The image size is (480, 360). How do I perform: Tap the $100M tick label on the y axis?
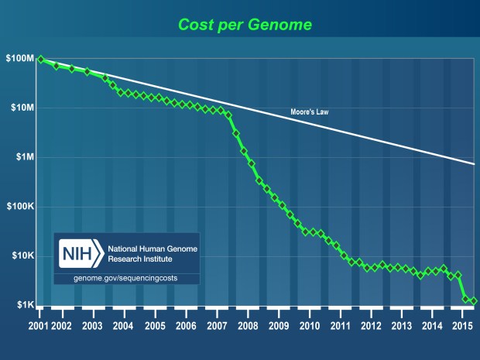click(x=18, y=59)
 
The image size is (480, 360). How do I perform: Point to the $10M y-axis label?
click(x=19, y=108)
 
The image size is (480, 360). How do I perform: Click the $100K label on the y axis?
click(x=18, y=207)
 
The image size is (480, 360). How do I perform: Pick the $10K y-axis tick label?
click(x=19, y=256)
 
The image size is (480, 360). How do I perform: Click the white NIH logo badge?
click(x=81, y=253)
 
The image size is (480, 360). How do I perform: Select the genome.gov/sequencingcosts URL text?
click(x=125, y=277)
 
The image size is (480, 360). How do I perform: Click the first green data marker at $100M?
click(x=40, y=60)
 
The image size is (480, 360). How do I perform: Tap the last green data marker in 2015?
click(x=474, y=300)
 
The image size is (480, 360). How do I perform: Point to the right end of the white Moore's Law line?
click(x=474, y=163)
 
